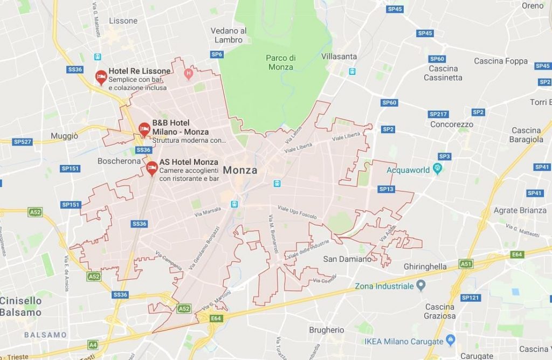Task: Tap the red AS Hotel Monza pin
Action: [x=152, y=169]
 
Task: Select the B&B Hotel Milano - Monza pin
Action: [x=144, y=128]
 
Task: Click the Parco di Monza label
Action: [x=280, y=63]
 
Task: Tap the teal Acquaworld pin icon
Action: [x=438, y=170]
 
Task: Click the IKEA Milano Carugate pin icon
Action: [x=451, y=341]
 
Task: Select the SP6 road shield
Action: [x=217, y=54]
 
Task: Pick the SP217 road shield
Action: [x=438, y=114]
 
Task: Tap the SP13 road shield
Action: [x=387, y=189]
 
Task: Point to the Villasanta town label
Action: [x=339, y=56]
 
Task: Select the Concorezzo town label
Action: [x=452, y=124]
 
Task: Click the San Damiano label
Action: [x=347, y=259]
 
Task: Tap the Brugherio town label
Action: [x=326, y=330]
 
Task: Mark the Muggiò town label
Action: [x=64, y=136]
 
